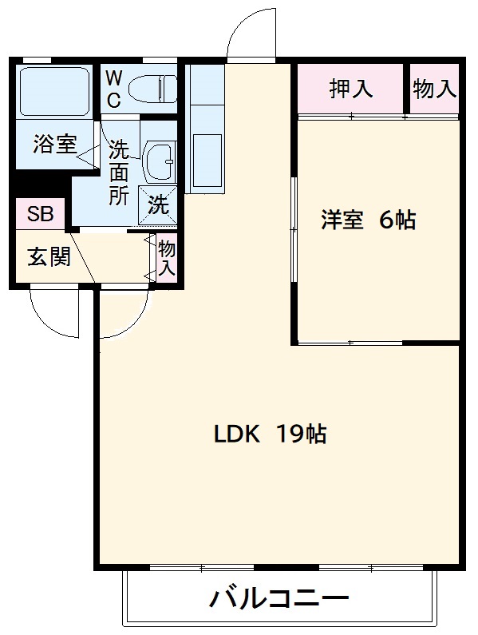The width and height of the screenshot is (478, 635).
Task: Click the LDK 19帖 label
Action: coord(270,435)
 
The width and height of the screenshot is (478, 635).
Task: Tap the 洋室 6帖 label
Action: coord(369,220)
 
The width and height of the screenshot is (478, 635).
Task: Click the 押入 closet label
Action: coord(351,89)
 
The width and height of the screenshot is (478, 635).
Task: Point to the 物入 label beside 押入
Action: coord(435,89)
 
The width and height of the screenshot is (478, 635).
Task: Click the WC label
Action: coord(114,89)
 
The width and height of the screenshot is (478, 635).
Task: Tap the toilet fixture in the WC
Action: coord(153,88)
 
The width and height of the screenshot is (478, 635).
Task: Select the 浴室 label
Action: coord(55,145)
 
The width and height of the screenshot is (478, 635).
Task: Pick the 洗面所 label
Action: coord(119,172)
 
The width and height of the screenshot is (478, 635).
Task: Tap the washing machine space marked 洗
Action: coord(159,205)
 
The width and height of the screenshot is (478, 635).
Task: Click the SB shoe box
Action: coord(39,214)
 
